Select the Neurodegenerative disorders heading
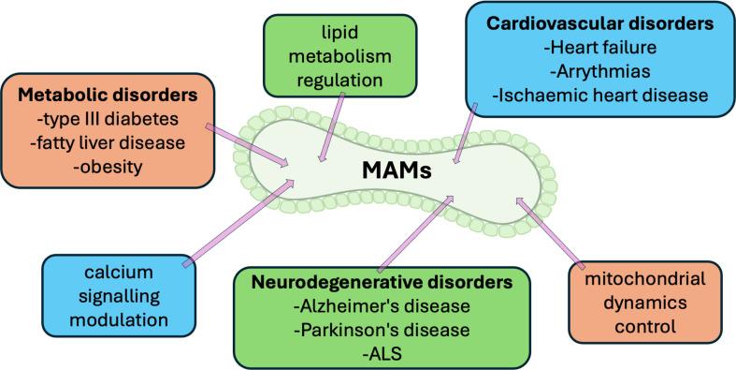[x=382, y=282]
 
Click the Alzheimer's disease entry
[x=382, y=306]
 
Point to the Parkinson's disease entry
[x=382, y=330]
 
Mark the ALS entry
[x=382, y=353]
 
